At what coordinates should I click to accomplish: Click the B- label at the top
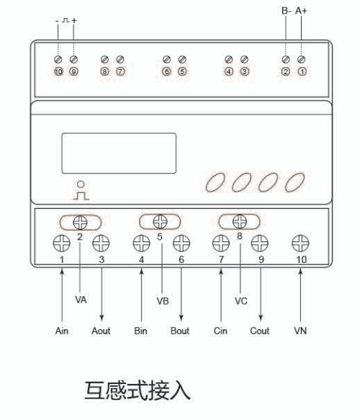(286, 11)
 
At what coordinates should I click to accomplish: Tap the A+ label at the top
(301, 11)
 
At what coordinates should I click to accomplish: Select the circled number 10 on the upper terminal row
(58, 71)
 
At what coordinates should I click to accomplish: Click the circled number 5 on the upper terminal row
(182, 71)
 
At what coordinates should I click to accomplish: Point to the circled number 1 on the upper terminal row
(302, 71)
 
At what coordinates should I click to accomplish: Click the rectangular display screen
(119, 153)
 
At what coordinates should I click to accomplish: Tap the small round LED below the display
(81, 184)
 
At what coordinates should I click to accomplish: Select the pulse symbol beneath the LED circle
(81, 196)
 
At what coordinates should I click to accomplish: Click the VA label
(81, 300)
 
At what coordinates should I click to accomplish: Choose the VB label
(163, 301)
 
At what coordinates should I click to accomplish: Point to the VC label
(241, 301)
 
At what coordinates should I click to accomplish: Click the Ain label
(62, 331)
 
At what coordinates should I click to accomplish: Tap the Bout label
(180, 331)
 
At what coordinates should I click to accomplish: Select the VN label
(300, 331)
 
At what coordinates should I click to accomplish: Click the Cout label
(260, 331)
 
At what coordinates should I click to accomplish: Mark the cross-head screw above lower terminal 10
(300, 243)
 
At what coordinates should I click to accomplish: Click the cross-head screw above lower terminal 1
(62, 243)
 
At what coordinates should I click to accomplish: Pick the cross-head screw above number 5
(160, 221)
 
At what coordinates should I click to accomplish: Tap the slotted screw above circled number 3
(244, 59)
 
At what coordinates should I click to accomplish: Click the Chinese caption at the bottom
(138, 390)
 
